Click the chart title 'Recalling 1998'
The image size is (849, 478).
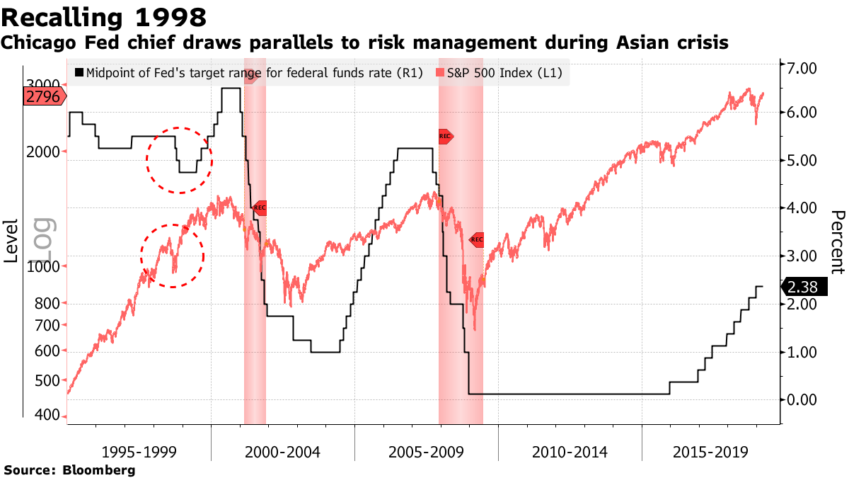pyautogui.click(x=105, y=16)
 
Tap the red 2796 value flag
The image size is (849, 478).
pyautogui.click(x=45, y=96)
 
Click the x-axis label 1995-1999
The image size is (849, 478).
pyautogui.click(x=139, y=452)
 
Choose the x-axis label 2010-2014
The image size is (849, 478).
pyautogui.click(x=570, y=452)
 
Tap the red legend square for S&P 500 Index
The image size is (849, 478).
pyautogui.click(x=440, y=72)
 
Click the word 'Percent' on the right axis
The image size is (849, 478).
pyautogui.click(x=837, y=241)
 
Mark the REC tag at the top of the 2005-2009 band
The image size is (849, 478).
pyautogui.click(x=445, y=136)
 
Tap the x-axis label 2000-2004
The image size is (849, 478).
pyautogui.click(x=282, y=452)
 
